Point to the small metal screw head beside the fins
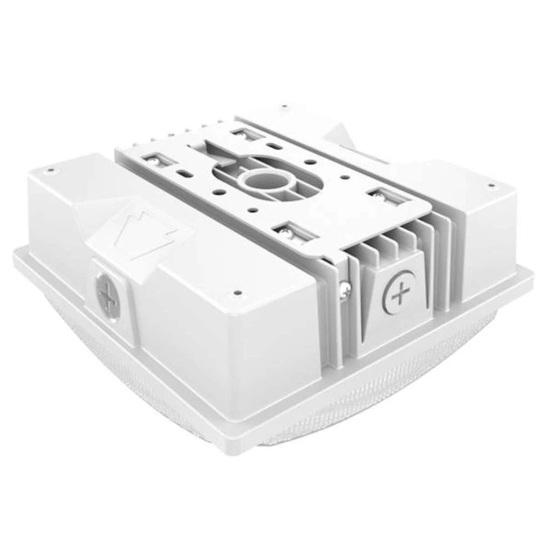[345, 287]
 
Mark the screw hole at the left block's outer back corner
[50, 170]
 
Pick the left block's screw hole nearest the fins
[237, 293]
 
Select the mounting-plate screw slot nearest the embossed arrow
[153, 159]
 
